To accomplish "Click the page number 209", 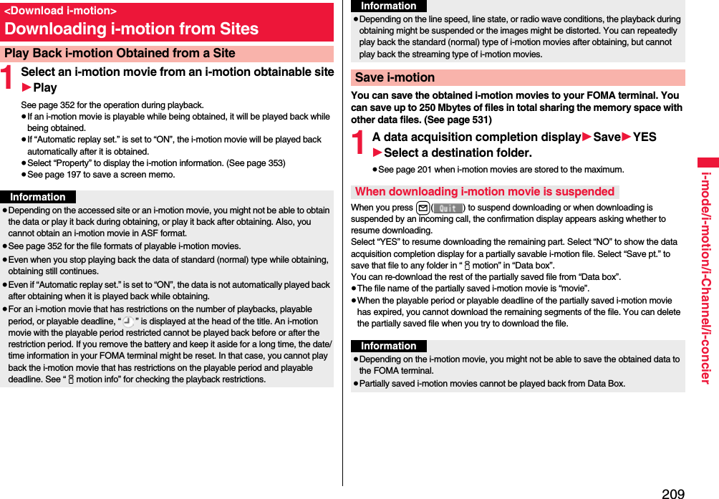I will click(x=672, y=493).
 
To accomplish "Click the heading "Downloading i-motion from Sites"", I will click(x=131, y=29).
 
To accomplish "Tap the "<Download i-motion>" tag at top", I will click(x=60, y=11).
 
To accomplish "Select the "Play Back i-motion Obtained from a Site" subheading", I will click(x=120, y=53).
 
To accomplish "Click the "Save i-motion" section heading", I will click(x=395, y=77).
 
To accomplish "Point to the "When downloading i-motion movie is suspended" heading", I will click(x=485, y=191).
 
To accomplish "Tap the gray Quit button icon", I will click(x=448, y=208).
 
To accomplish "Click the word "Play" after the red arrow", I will click(x=45, y=87).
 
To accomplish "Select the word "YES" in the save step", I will click(x=645, y=137).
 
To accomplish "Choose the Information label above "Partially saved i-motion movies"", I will click(x=389, y=346).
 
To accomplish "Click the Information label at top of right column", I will click(x=389, y=6).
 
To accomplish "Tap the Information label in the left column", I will click(x=38, y=197).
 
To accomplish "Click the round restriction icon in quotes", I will click(x=128, y=321).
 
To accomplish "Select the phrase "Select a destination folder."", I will click(x=458, y=152).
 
